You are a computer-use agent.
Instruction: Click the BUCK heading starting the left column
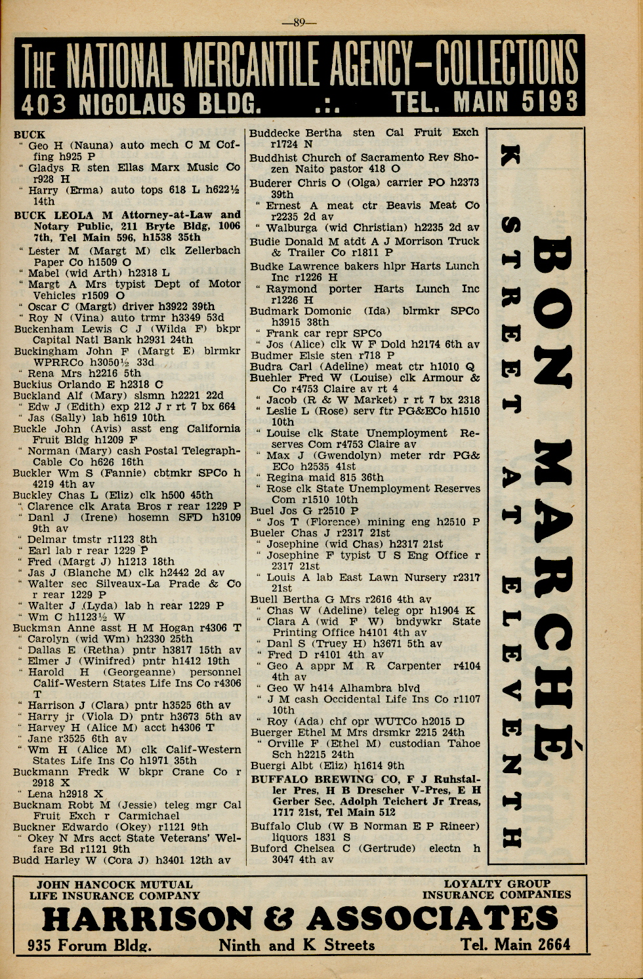[x=30, y=134]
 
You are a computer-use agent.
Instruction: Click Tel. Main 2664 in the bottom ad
[x=515, y=945]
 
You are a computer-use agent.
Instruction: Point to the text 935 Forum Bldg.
[x=90, y=946]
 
